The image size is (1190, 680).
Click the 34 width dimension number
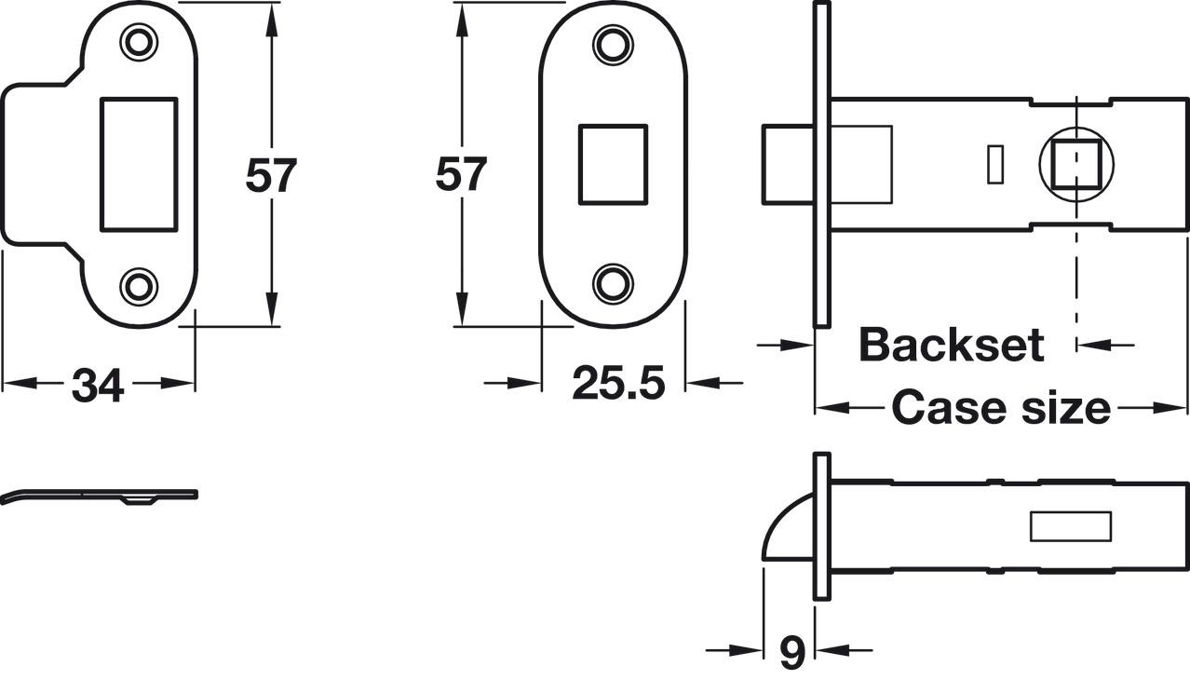98,385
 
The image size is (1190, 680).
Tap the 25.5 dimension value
618,383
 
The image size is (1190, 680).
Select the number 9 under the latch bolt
792,652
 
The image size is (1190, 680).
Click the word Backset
952,345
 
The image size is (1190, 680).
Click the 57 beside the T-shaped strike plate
271,175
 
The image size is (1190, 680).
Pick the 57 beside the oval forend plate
461,174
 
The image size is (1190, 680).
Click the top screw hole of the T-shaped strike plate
139,42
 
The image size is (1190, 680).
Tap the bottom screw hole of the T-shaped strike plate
139,287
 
